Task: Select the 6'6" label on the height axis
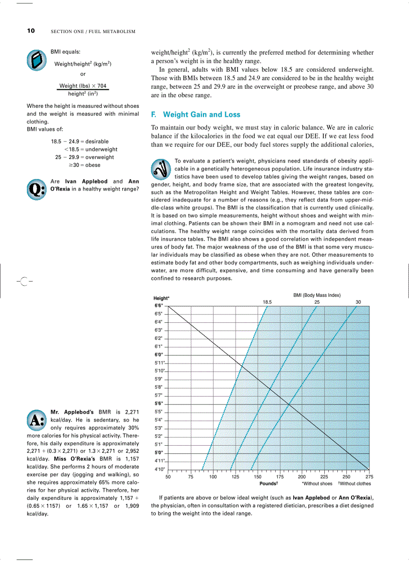[158, 305]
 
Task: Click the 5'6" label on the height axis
[158, 404]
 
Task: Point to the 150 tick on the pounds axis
[257, 477]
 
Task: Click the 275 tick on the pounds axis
[369, 477]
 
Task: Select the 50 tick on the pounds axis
[168, 477]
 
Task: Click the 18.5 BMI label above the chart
[267, 302]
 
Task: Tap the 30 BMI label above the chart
[358, 302]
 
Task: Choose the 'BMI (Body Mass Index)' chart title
[317, 295]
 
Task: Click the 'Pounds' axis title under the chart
[269, 484]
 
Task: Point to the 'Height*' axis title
[161, 298]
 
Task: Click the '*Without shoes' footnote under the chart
[317, 484]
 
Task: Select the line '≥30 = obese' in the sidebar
[85, 165]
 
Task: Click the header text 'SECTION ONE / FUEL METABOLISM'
[93, 32]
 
